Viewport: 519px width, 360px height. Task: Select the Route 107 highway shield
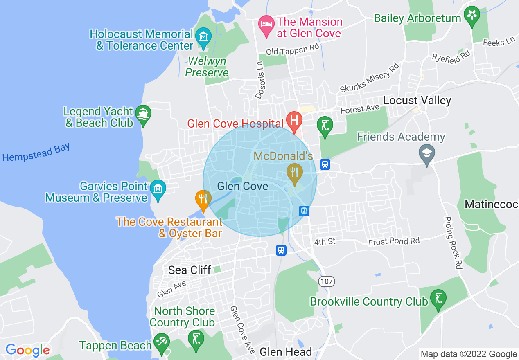pos(327,281)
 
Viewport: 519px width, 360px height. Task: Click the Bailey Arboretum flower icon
pos(472,16)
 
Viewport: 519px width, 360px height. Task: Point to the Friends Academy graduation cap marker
pos(427,154)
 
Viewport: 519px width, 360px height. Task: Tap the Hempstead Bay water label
pos(36,152)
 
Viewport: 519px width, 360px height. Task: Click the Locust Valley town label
pos(417,101)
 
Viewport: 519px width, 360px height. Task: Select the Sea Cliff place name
pos(190,270)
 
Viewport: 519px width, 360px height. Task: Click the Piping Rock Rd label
pos(453,242)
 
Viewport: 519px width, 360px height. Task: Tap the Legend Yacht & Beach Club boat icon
pos(143,114)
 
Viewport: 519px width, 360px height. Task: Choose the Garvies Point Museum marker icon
pos(158,189)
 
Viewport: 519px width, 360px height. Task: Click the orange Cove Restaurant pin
pos(203,199)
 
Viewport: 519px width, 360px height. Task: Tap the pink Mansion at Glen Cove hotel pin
pos(266,24)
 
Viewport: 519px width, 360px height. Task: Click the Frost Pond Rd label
pos(394,241)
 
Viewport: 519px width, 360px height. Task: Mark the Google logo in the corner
pos(27,350)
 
